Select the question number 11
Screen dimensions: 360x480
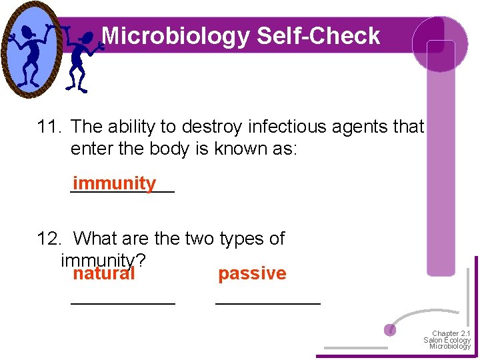pos(50,126)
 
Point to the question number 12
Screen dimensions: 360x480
pos(50,239)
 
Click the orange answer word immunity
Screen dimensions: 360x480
pos(115,183)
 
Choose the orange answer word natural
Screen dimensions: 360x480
pos(104,273)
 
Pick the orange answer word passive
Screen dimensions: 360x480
pos(252,273)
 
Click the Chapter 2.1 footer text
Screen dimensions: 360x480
pos(451,333)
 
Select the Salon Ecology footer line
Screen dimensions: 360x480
pos(447,340)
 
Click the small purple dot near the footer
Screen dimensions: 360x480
pos(391,329)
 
